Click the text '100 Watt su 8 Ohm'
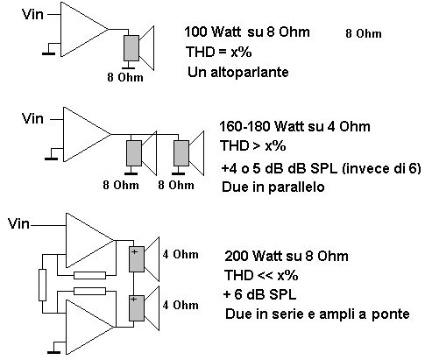click(x=247, y=32)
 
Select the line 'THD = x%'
click(x=218, y=52)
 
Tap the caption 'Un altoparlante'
click(x=238, y=72)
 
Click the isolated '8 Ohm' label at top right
click(x=364, y=33)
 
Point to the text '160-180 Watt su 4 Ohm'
click(x=294, y=126)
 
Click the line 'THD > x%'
click(x=253, y=145)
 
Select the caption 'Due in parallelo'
click(x=273, y=187)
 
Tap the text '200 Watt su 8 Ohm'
click(x=287, y=256)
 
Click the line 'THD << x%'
click(x=261, y=275)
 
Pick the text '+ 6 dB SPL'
click(x=259, y=294)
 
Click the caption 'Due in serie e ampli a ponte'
click(x=317, y=314)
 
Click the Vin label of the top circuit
click(x=32, y=14)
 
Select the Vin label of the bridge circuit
click(x=18, y=223)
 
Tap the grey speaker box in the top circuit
click(x=131, y=48)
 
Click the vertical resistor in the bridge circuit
click(x=43, y=286)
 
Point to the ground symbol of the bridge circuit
click(x=53, y=352)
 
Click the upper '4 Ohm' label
click(x=181, y=255)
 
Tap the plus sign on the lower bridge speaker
click(x=134, y=300)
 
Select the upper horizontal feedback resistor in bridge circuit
click(x=89, y=275)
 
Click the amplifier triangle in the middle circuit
click(x=87, y=134)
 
